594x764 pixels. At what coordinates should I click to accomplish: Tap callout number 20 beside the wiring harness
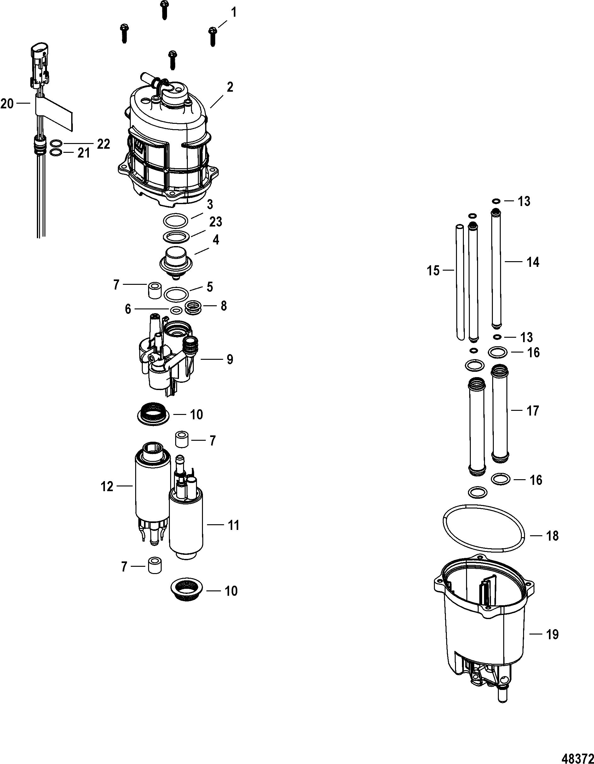7,104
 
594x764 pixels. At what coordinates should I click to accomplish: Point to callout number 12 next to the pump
108,486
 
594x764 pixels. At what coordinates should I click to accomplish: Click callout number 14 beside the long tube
533,262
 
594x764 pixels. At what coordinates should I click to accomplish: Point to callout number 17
533,411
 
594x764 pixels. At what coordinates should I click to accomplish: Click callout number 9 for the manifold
229,359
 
